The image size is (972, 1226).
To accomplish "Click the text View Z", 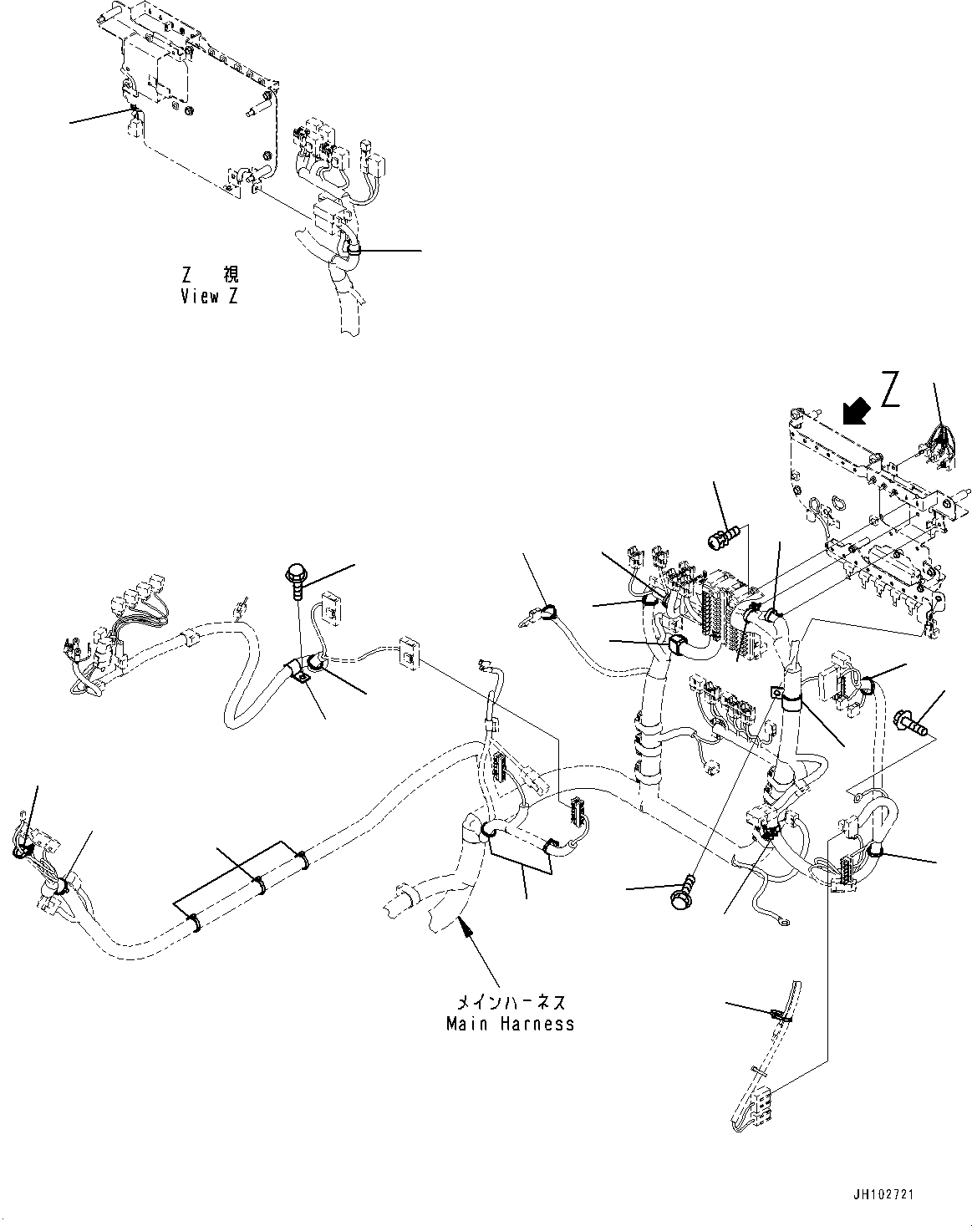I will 209,297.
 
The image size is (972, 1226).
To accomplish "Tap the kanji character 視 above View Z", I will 230,275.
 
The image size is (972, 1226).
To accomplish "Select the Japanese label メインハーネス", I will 510,1002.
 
